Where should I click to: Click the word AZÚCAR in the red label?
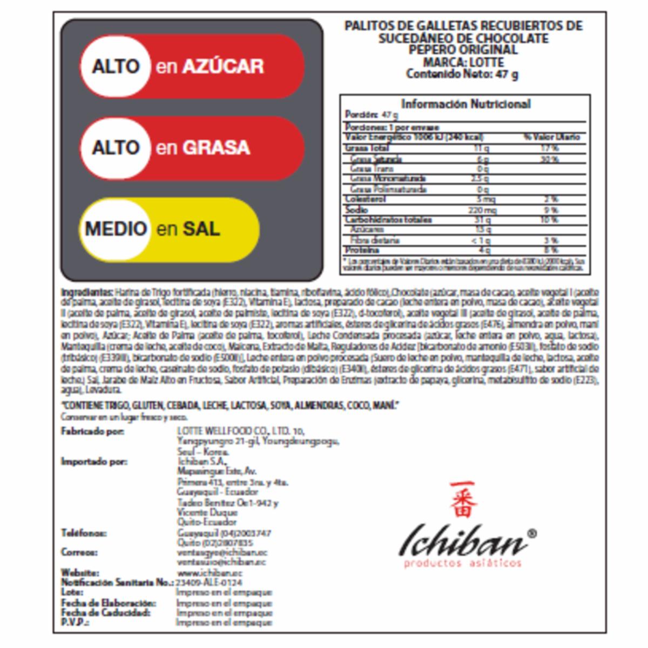click(222, 66)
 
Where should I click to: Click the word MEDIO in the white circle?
click(116, 228)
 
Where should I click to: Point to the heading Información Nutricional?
click(465, 104)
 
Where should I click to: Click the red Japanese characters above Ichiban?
click(463, 499)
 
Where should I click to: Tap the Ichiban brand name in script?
click(463, 540)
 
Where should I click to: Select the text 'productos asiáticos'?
click(463, 564)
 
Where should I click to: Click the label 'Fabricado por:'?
click(92, 431)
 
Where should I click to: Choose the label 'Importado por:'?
click(94, 462)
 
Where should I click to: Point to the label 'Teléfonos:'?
click(84, 533)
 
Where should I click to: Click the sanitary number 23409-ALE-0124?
click(208, 583)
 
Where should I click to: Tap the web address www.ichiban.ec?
click(210, 572)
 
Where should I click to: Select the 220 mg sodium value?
click(482, 210)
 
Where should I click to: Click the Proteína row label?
click(362, 250)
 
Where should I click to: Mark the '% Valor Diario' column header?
click(551, 137)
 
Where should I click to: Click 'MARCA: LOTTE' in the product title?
click(463, 62)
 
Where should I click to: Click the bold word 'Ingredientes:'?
click(87, 292)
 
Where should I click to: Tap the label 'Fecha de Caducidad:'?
click(105, 613)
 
